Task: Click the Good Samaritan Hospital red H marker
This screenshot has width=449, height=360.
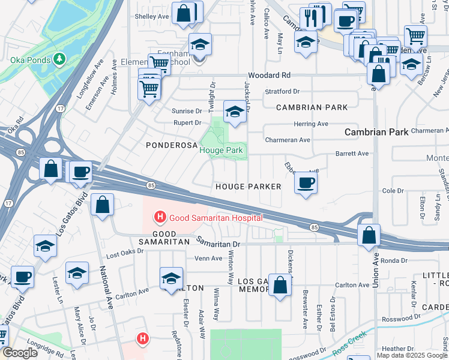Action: pyautogui.click(x=160, y=217)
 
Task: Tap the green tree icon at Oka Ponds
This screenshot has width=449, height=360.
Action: pyautogui.click(x=59, y=59)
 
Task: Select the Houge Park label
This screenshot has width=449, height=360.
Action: pyautogui.click(x=221, y=150)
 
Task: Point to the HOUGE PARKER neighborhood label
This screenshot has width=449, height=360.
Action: pyautogui.click(x=248, y=187)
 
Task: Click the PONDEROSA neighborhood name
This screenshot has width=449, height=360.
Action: pyautogui.click(x=169, y=145)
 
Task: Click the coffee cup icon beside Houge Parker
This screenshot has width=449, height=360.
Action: pyautogui.click(x=306, y=183)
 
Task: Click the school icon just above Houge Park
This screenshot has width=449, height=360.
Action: pyautogui.click(x=235, y=111)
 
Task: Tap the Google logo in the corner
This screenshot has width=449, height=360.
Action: pyautogui.click(x=19, y=353)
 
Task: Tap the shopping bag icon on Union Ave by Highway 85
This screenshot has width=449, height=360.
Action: pyautogui.click(x=369, y=235)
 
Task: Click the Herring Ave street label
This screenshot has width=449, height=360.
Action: pyautogui.click(x=310, y=124)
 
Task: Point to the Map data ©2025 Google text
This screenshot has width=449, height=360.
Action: pyautogui.click(x=411, y=355)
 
